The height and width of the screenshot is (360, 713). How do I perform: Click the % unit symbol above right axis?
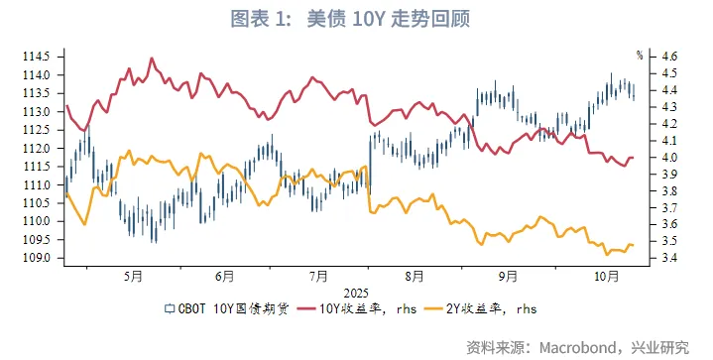(641, 54)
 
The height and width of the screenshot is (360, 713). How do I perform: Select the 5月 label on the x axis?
(131, 277)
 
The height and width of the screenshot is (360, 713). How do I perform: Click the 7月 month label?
(318, 277)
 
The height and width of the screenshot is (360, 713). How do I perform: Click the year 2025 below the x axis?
(356, 293)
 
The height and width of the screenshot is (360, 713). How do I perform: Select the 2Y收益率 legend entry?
(486, 310)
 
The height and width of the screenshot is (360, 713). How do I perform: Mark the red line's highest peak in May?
(152, 59)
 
